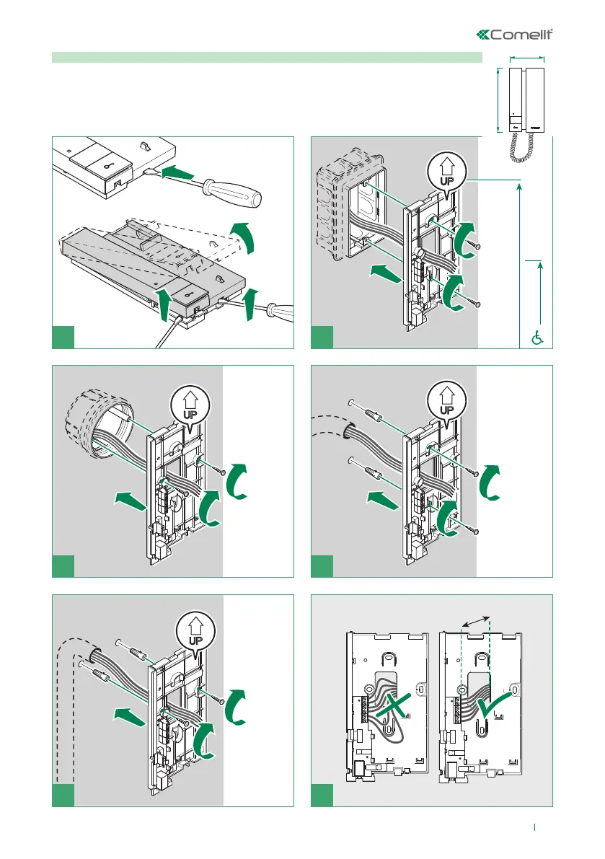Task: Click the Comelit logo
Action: click(x=518, y=35)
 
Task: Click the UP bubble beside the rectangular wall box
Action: click(x=446, y=174)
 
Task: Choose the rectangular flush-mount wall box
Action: click(x=348, y=206)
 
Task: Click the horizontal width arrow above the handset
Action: click(x=527, y=59)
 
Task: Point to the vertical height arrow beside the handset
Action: click(x=499, y=100)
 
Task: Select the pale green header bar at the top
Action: click(x=267, y=57)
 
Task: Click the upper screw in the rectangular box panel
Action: click(x=474, y=247)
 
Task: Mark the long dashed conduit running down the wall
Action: click(x=59, y=707)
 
